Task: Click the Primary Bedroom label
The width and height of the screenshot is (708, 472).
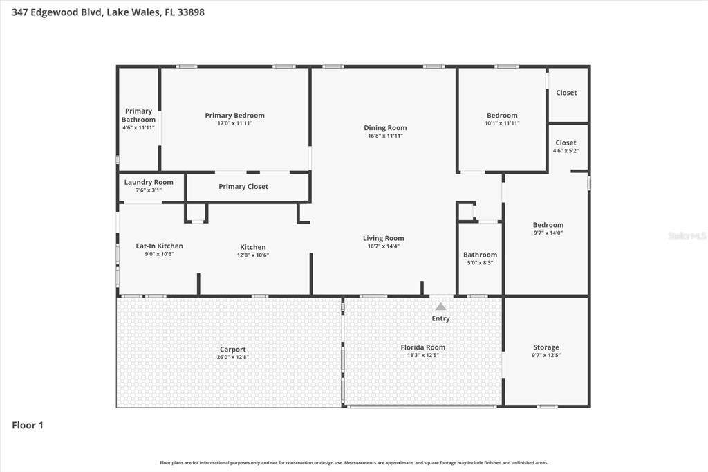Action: coord(235,116)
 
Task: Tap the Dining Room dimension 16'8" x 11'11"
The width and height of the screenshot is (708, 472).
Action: coord(385,136)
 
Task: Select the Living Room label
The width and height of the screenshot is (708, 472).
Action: coord(383,238)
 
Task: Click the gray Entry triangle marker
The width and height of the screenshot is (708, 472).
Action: coord(440,307)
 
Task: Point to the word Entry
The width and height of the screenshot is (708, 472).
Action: coord(440,318)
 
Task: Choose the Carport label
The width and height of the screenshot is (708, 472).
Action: coord(233,349)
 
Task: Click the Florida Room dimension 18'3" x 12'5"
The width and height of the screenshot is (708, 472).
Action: coord(422,355)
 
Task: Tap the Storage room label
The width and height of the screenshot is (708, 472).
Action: coord(546,347)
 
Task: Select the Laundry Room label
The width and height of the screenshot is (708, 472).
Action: coord(149,182)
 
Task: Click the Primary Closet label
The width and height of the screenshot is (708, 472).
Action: coord(243,186)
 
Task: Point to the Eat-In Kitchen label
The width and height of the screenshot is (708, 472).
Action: coord(160,246)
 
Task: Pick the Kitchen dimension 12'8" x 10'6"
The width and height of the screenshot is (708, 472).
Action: coord(253,255)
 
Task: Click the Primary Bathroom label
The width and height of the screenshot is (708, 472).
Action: coord(138,116)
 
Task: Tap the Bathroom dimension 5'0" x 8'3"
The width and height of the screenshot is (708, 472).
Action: coord(480,263)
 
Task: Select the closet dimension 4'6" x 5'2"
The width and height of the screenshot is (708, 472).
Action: coord(566,151)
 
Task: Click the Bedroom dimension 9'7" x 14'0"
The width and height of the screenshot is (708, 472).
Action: coord(548,233)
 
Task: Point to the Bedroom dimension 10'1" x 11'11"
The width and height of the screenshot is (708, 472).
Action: coord(502,123)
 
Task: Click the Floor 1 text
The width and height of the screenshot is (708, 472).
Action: coord(28,425)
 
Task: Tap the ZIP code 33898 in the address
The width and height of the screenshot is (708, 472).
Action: coord(191,12)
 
